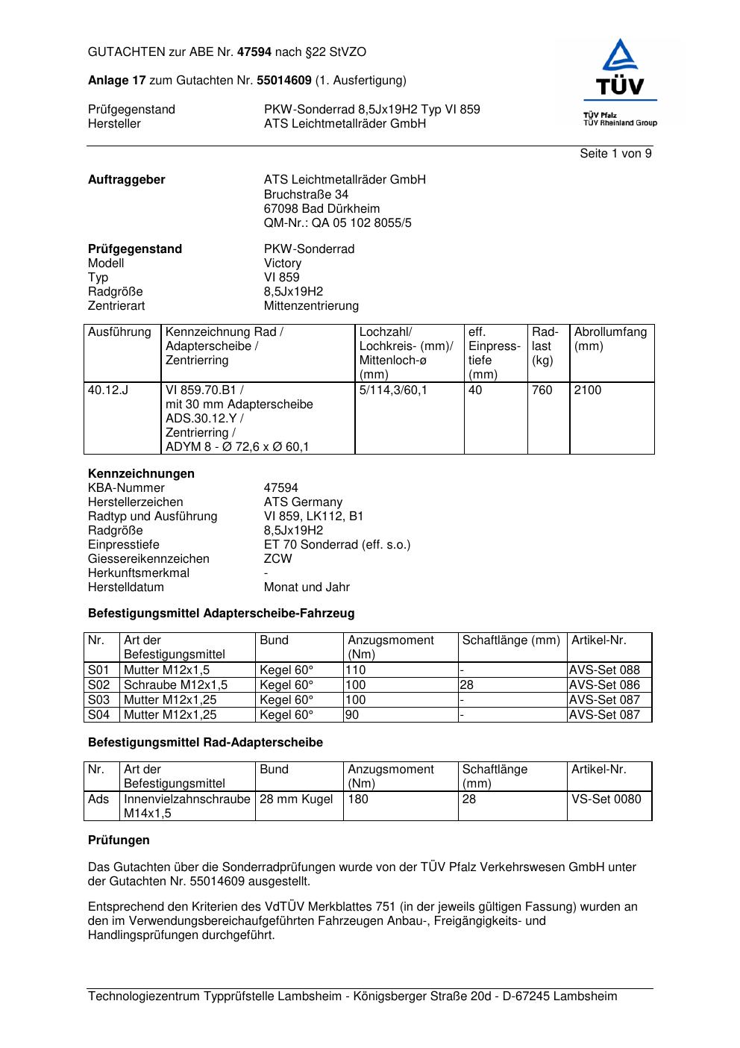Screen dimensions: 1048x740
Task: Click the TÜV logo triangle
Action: point(620,56)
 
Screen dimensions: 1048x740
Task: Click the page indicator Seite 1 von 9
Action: point(615,154)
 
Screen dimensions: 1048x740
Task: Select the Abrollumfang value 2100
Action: point(587,390)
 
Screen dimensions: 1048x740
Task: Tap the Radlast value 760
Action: point(542,390)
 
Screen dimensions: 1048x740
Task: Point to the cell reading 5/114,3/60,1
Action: point(393,390)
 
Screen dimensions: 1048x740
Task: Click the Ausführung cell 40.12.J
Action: point(108,390)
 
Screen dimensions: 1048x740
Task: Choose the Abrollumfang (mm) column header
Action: point(610,339)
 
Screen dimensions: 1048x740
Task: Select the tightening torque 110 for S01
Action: point(356,670)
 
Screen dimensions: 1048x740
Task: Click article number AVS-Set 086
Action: point(604,685)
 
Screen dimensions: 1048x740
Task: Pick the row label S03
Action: point(98,700)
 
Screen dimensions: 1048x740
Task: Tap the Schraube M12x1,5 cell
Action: point(175,685)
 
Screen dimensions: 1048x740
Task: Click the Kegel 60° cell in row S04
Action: point(286,715)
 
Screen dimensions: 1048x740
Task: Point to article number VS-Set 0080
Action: point(606,799)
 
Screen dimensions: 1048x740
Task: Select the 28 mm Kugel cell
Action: point(296,799)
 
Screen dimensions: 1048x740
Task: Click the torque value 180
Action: point(358,799)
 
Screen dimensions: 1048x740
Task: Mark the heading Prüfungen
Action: point(119,840)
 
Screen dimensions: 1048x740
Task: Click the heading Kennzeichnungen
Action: point(141,474)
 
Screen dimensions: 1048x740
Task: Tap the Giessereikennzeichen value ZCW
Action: point(277,559)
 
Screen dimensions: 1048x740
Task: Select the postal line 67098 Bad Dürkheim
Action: point(322,209)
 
